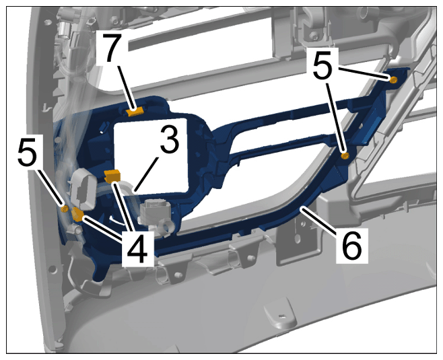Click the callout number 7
pyautogui.click(x=112, y=48)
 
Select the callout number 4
pyautogui.click(x=137, y=249)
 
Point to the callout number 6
pyautogui.click(x=351, y=245)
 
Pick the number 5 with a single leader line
pyautogui.click(x=28, y=153)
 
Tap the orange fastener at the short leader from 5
pyautogui.click(x=393, y=80)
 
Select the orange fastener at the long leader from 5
pyautogui.click(x=345, y=155)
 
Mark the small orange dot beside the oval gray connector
pyautogui.click(x=65, y=209)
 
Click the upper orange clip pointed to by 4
pyautogui.click(x=112, y=176)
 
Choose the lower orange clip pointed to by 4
pyautogui.click(x=77, y=214)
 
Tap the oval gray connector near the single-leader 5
pyautogui.click(x=82, y=189)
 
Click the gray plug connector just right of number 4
pyautogui.click(x=156, y=215)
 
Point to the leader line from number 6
pyautogui.click(x=318, y=219)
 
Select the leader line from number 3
pyautogui.click(x=146, y=174)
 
